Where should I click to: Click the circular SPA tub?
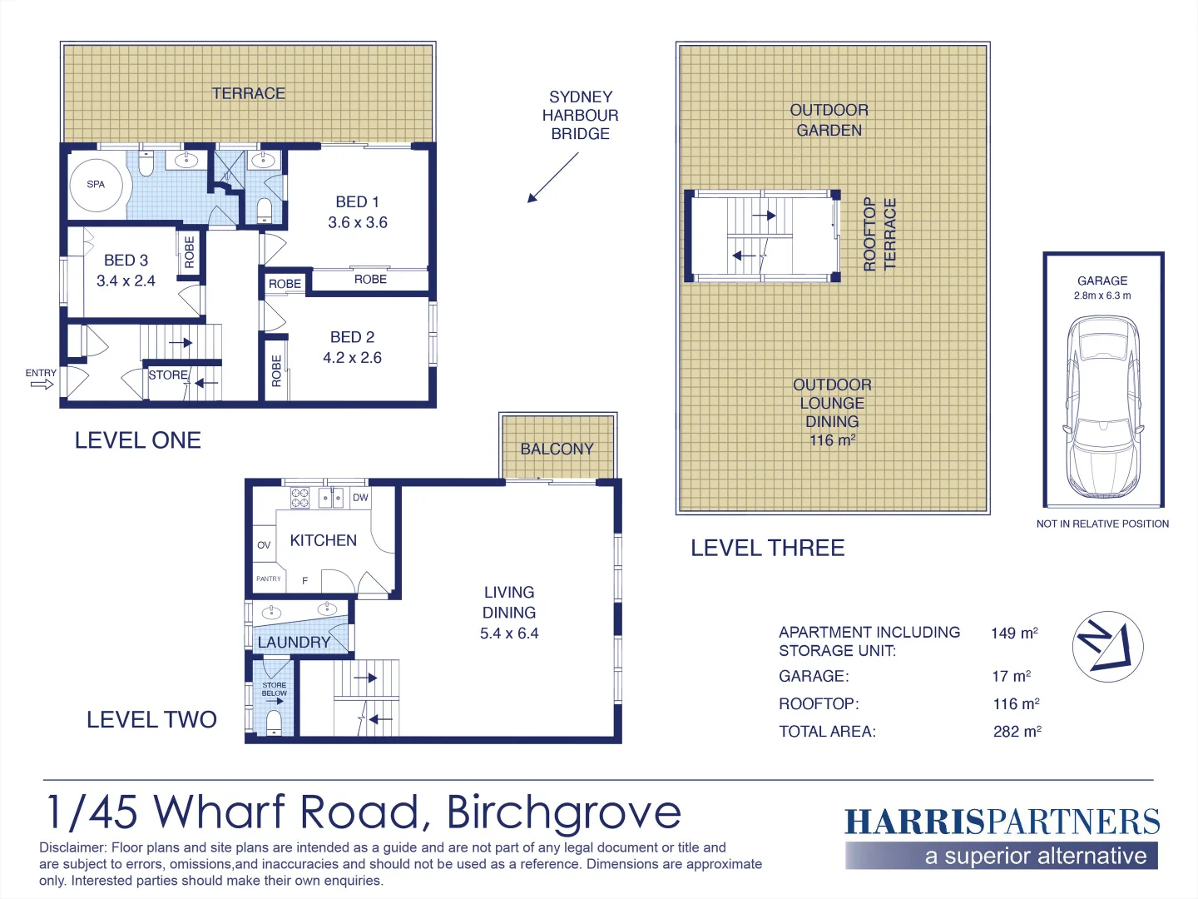(96, 184)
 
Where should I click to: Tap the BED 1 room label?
(357, 202)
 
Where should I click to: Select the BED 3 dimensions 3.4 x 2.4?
(126, 281)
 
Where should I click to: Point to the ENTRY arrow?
(42, 384)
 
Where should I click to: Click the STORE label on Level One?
(167, 375)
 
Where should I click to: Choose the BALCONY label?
(557, 449)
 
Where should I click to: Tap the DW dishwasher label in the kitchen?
(360, 498)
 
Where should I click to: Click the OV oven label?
(264, 545)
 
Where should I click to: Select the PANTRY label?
(269, 579)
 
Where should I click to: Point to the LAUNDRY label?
(294, 643)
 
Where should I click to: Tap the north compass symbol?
(1107, 647)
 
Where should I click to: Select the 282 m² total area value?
(1017, 732)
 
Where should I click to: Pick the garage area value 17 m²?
(1012, 677)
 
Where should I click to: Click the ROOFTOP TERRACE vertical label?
(879, 234)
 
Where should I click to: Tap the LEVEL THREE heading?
(767, 548)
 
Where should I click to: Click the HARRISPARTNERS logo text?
(1002, 822)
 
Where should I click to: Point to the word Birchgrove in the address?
(564, 812)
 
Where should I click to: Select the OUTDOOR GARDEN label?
(829, 120)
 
